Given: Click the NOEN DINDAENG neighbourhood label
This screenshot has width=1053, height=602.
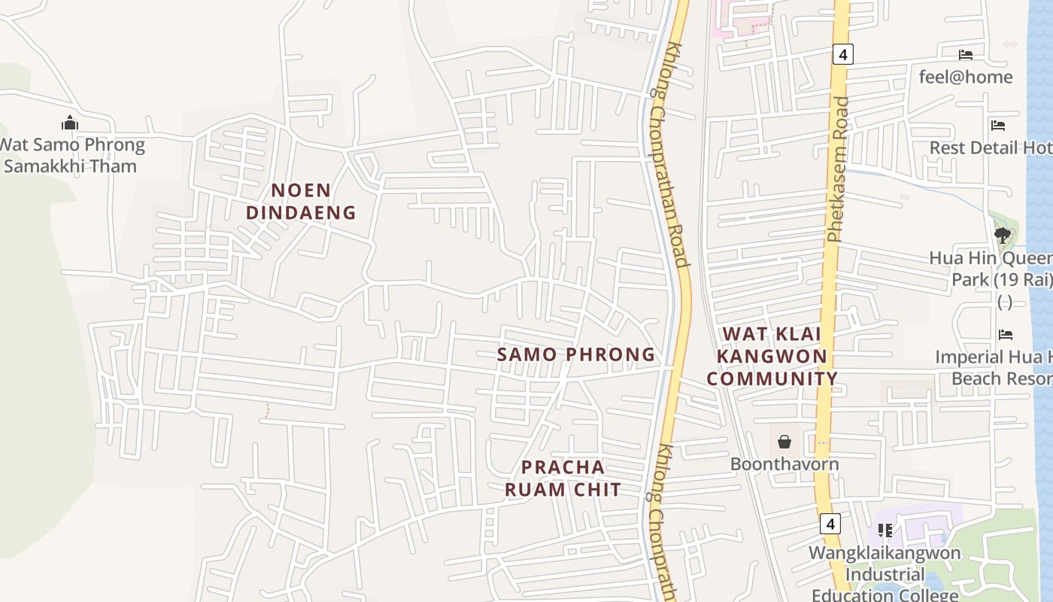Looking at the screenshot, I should (x=301, y=202).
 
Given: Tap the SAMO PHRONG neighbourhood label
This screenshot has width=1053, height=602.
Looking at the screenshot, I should (x=576, y=354).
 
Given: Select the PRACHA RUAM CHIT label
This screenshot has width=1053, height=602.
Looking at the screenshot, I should (x=563, y=479).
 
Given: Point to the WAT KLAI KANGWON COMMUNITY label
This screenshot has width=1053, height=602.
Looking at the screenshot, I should (x=772, y=356).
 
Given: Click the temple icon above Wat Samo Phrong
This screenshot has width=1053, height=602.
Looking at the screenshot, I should (x=70, y=123).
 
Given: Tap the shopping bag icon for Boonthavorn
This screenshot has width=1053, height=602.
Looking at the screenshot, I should (x=784, y=441).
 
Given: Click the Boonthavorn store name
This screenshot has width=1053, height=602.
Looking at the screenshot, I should (x=784, y=464).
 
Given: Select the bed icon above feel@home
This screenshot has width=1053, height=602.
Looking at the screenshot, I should (x=966, y=55).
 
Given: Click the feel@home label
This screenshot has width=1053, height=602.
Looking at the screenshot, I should (x=966, y=77).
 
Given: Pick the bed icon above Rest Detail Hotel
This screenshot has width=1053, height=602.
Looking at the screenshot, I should (x=998, y=125).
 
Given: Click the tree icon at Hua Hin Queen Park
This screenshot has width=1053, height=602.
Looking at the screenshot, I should (x=1002, y=236).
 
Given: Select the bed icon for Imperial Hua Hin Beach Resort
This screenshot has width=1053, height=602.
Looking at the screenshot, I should (x=1006, y=334).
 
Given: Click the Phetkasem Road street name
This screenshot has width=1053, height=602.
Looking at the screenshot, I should (x=837, y=169).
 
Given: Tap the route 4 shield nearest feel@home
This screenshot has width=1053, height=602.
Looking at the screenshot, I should (x=843, y=54).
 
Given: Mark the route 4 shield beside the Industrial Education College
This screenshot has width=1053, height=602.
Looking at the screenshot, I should (x=830, y=524).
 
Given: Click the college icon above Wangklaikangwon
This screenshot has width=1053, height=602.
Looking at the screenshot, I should (x=885, y=531).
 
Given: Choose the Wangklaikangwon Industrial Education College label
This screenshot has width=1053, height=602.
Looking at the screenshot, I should (x=885, y=574).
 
